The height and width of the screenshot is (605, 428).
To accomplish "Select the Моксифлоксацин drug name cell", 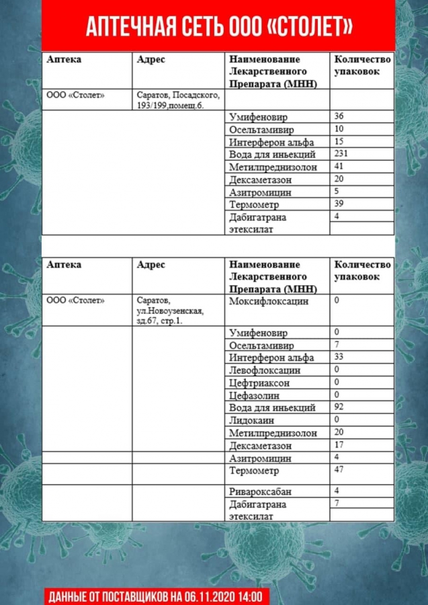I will click(269, 301).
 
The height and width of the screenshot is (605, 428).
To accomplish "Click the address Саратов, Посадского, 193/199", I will click(178, 99).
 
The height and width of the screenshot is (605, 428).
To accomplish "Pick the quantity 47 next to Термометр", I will click(339, 469).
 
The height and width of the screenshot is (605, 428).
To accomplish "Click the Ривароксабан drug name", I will click(260, 492).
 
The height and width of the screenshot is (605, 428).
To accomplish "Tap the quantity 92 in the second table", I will click(339, 407).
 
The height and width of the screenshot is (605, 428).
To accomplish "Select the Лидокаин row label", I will click(251, 420).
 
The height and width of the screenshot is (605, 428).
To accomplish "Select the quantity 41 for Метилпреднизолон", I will click(339, 166).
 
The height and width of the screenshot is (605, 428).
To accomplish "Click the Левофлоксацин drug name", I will click(265, 370).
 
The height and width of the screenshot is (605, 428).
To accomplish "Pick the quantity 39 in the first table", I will click(339, 204).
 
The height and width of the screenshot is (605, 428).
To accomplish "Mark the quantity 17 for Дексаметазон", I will click(339, 444).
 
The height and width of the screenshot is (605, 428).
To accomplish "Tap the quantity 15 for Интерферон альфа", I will click(339, 141).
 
